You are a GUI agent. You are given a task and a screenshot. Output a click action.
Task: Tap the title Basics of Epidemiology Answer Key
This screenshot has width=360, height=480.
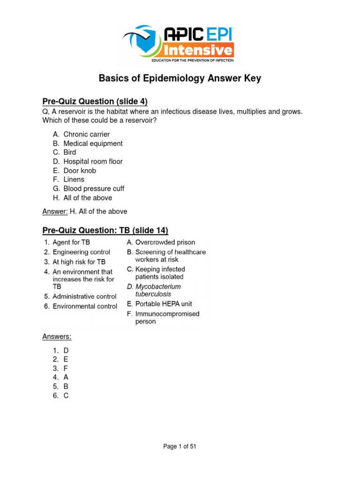pyautogui.click(x=180, y=78)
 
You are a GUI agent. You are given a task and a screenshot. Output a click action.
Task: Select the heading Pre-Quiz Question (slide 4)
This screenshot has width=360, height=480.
pyautogui.click(x=95, y=101)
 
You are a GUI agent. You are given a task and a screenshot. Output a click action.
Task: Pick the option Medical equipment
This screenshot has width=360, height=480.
pyautogui.click(x=93, y=143)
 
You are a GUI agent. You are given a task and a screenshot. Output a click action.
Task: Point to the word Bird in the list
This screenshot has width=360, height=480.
pyautogui.click(x=70, y=152)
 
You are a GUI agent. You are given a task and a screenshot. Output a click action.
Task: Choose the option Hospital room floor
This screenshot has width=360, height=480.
pyautogui.click(x=93, y=162)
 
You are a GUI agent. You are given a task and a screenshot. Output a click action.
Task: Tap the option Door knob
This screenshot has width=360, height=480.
pyautogui.click(x=80, y=171)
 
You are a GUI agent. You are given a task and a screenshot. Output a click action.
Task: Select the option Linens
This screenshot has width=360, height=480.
pyautogui.click(x=74, y=180)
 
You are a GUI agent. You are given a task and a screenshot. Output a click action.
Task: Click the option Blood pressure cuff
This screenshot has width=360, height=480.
pyautogui.click(x=94, y=189)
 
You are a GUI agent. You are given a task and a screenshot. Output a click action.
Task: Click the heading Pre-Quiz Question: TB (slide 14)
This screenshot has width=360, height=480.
pyautogui.click(x=105, y=231)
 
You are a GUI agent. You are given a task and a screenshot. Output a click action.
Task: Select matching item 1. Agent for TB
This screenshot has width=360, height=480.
pyautogui.click(x=71, y=242)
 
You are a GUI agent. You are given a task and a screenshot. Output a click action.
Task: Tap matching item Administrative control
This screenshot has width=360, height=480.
pyautogui.click(x=84, y=296)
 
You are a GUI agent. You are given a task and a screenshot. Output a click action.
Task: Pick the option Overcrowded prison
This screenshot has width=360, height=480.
pyautogui.click(x=165, y=242)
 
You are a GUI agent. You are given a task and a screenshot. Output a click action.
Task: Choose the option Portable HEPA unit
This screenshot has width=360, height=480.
pyautogui.click(x=164, y=304)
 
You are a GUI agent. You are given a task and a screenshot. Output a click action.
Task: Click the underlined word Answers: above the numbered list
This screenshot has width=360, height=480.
pyautogui.click(x=57, y=337)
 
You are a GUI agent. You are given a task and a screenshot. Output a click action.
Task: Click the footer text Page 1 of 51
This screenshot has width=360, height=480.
pyautogui.click(x=180, y=447)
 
